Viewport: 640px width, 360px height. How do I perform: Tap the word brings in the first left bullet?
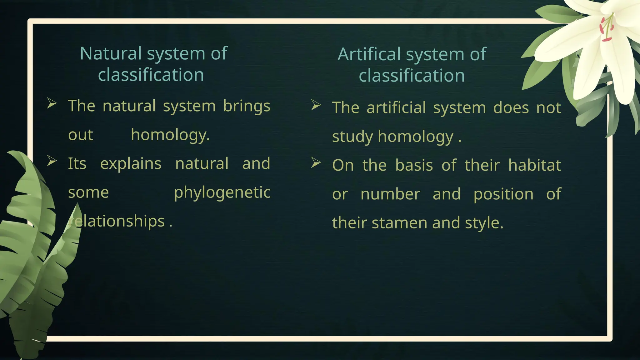click(x=247, y=106)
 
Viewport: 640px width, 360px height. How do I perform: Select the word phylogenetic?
click(x=222, y=192)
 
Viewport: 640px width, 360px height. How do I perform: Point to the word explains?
click(x=131, y=163)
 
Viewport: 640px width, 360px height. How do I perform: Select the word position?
click(x=503, y=194)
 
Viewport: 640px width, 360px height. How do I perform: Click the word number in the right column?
click(x=390, y=194)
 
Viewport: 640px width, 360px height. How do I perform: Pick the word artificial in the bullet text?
click(x=396, y=108)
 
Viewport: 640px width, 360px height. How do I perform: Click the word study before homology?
click(x=352, y=137)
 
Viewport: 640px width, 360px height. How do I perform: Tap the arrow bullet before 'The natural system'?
click(x=52, y=103)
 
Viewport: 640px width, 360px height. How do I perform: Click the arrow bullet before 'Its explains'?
click(x=52, y=161)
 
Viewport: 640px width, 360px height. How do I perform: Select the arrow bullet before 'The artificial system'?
click(x=316, y=105)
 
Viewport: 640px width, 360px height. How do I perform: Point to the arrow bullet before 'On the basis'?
click(x=316, y=162)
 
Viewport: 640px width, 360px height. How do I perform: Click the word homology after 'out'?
click(x=170, y=135)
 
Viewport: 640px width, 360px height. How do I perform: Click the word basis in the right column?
click(x=414, y=165)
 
